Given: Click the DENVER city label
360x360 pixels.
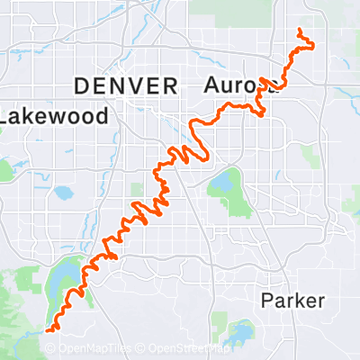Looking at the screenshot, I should tap(125, 86).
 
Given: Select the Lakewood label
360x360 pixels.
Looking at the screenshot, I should tap(56, 116).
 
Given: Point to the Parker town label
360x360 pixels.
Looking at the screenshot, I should tap(292, 301).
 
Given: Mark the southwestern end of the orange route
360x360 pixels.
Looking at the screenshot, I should tap(47, 329).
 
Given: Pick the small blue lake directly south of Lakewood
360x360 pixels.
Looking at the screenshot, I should tap(62, 193).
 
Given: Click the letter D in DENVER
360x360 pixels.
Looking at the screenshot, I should tap(81, 86).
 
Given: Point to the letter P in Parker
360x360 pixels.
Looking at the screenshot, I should tap(267, 301).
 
